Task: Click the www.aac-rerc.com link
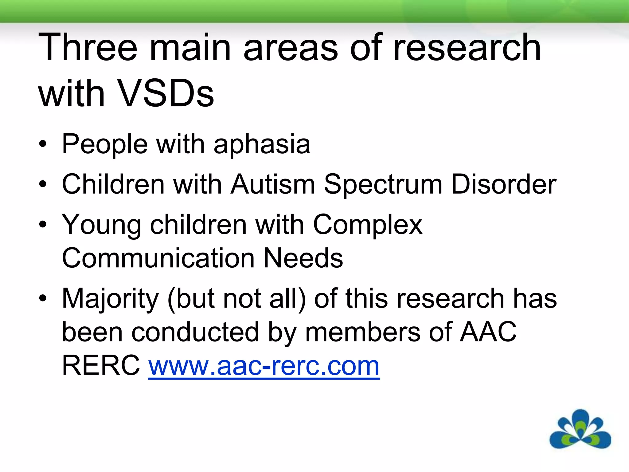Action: pyautogui.click(x=264, y=366)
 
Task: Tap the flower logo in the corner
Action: pyautogui.click(x=580, y=430)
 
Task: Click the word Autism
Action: pyautogui.click(x=273, y=184)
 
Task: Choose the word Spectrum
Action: pyautogui.click(x=383, y=185)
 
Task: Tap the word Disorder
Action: pyautogui.click(x=503, y=184)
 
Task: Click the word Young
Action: pyautogui.click(x=101, y=225)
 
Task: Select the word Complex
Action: pyautogui.click(x=368, y=225)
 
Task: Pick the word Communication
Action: pyautogui.click(x=158, y=258)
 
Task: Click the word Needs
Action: pyautogui.click(x=303, y=258)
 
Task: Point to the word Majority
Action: pyautogui.click(x=110, y=299)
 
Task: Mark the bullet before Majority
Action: pyautogui.click(x=43, y=298)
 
